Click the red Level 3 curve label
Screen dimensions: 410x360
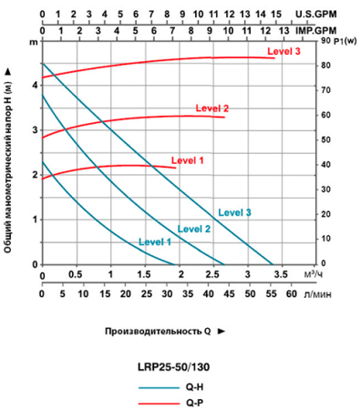(284, 52)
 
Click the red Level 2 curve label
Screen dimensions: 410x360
(211, 108)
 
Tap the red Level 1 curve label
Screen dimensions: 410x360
(188, 159)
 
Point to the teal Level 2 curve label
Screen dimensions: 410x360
(194, 229)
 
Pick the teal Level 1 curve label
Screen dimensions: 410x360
(154, 241)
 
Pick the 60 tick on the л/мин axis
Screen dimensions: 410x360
(291, 295)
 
